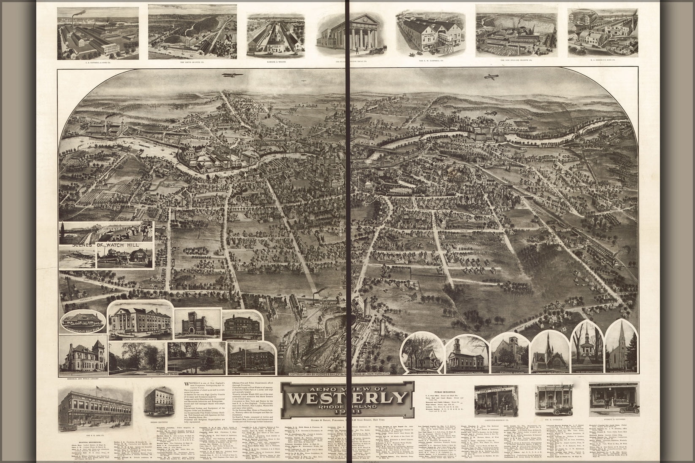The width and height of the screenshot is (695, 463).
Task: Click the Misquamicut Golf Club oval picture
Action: (x=83, y=322)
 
